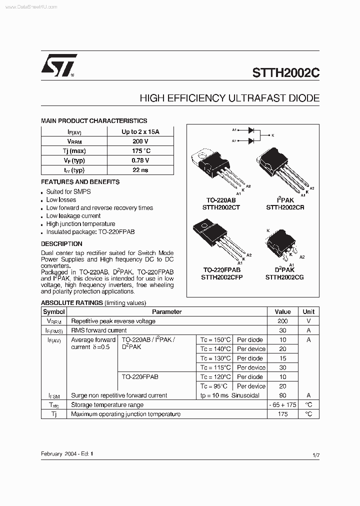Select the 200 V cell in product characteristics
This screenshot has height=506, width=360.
pos(140,141)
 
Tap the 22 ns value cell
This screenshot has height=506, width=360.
pos(140,170)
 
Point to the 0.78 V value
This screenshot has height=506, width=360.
pos(140,160)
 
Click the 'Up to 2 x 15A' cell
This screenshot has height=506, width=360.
pos(140,132)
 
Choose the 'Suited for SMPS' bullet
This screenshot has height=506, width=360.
pos(68,191)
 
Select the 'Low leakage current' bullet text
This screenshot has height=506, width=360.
pos(73,216)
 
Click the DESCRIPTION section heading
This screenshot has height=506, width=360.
pos(61,244)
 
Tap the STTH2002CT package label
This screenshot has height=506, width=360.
pos(221,206)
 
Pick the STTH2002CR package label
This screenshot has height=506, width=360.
pos(285,206)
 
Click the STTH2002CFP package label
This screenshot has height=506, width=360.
pos(221,277)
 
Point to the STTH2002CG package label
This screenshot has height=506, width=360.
pos(284,277)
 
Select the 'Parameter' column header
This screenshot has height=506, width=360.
pos(166,311)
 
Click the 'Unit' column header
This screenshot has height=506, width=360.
pos(308,311)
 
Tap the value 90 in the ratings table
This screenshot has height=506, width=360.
pos(282,395)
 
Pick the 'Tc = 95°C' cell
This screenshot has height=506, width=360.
pos(213,386)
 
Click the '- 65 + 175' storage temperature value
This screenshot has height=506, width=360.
pos(282,405)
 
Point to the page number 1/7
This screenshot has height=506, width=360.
pos(315,454)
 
